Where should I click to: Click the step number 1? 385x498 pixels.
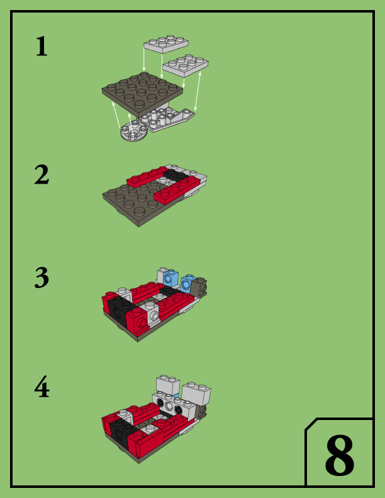pos(42,47)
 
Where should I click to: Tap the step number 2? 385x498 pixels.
pos(42,174)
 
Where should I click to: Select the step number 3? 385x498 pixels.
pos(42,277)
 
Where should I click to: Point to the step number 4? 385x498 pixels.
pos(42,387)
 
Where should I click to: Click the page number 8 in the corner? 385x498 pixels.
pos(339,455)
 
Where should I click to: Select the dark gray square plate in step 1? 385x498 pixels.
pos(142,94)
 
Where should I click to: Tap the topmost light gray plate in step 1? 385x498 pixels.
pos(166,44)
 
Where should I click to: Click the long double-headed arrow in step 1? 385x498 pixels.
pos(198,91)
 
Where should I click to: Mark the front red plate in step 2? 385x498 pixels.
pos(177,190)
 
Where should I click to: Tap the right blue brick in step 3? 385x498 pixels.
pos(188,284)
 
